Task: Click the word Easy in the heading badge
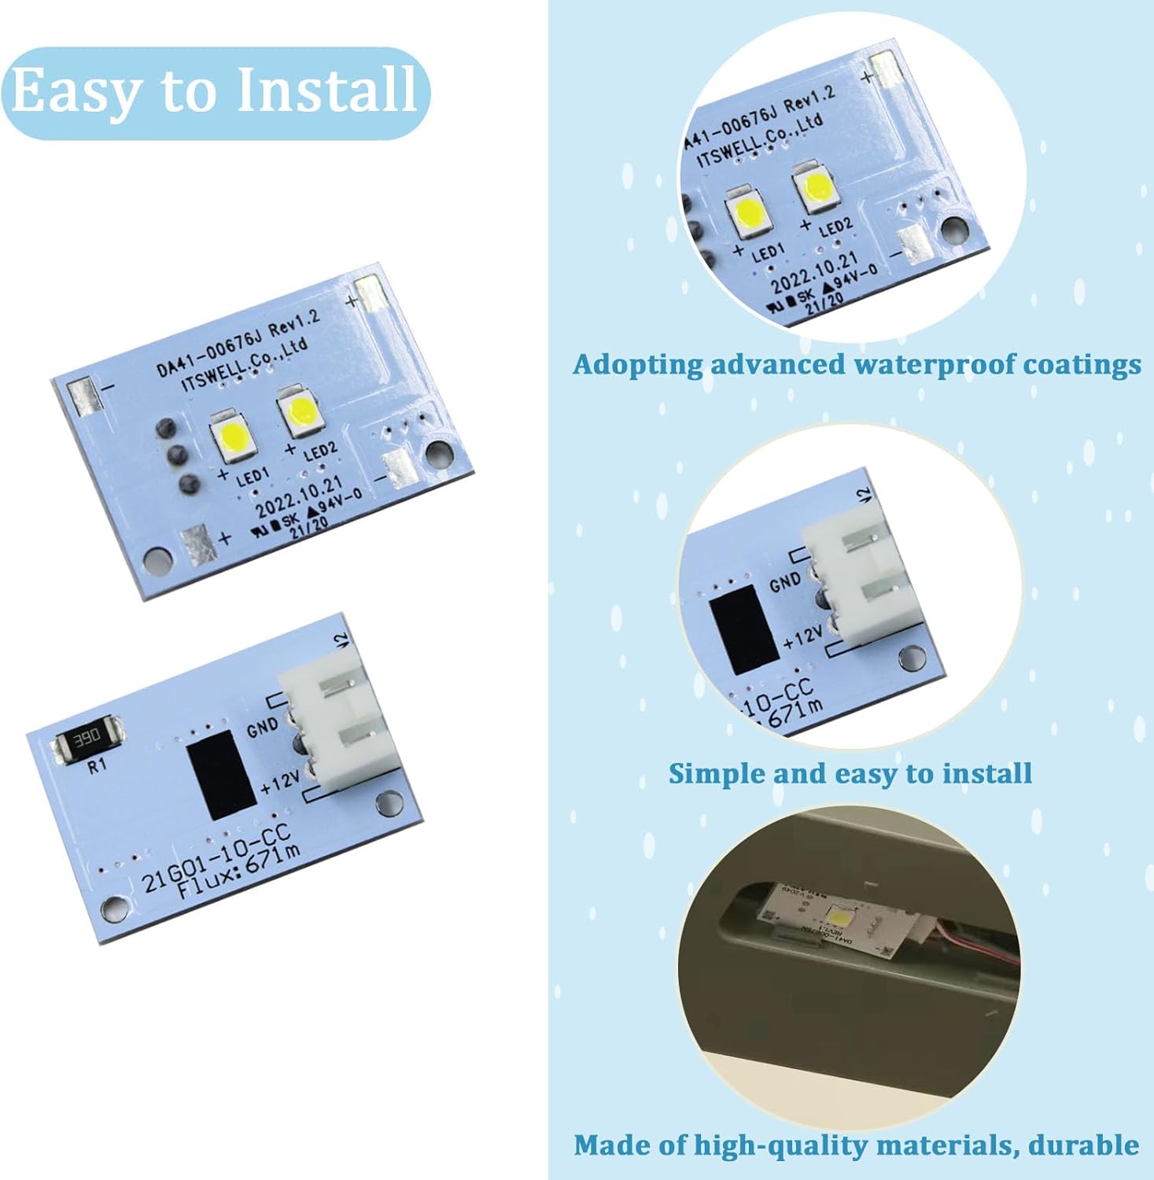(75, 92)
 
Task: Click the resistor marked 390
(87, 739)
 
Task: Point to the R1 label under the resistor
(96, 765)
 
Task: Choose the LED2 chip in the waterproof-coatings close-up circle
(816, 188)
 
